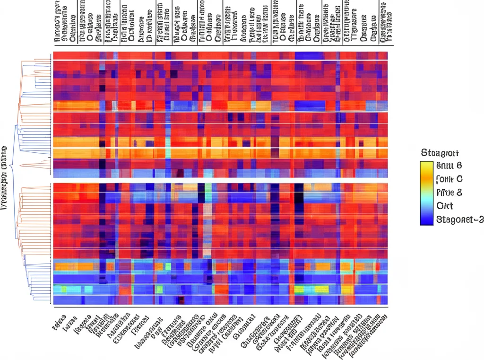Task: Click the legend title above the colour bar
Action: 439,153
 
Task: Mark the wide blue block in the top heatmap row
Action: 310,55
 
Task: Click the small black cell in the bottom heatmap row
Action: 180,300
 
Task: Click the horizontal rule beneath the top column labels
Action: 220,46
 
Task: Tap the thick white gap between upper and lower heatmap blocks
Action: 220,180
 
